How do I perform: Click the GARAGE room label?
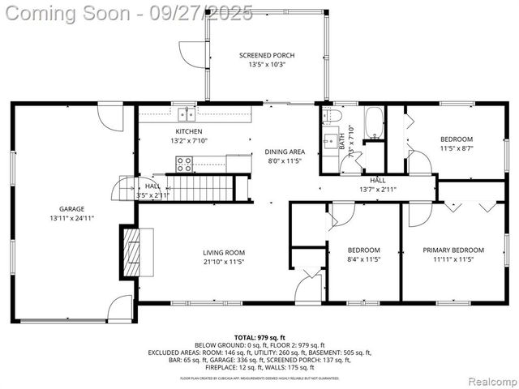[x=71, y=208]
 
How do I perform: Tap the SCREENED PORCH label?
[x=266, y=55]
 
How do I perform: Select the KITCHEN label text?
[x=189, y=131]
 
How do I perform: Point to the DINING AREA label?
[x=284, y=152]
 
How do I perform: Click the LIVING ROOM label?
[x=224, y=253]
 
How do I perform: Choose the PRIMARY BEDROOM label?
[x=453, y=250]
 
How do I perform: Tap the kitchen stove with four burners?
[x=184, y=165]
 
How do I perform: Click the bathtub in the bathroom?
[x=374, y=122]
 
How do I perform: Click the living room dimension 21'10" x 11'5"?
[x=224, y=262]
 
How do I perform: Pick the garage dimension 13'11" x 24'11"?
[x=71, y=218]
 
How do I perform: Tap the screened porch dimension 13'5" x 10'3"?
[x=266, y=65]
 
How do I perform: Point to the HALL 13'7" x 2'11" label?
[x=378, y=185]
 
